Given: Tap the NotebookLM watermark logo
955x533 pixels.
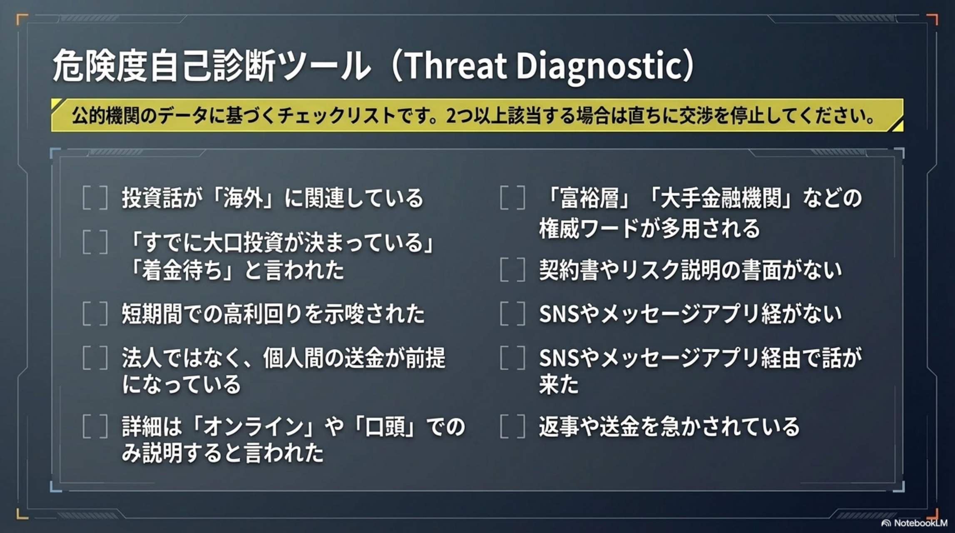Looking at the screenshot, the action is (886, 523).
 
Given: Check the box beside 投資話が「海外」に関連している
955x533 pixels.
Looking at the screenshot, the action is (95, 197).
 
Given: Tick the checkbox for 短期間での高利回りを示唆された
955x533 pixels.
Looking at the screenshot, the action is (95, 314).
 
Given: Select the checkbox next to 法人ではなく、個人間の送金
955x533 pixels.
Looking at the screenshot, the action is (95, 358).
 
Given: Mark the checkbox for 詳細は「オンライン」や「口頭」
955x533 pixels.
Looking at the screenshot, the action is (95, 426).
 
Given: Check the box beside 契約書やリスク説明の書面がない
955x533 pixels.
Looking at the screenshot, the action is (512, 270).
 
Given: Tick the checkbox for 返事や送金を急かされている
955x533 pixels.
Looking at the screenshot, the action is (512, 426).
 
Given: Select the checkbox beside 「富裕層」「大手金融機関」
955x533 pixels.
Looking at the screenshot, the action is (512, 197).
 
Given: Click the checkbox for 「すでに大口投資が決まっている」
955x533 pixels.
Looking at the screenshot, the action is (95, 242).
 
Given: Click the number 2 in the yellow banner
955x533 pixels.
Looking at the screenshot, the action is (452, 116).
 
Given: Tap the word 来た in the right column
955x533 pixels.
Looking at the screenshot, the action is (559, 384).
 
